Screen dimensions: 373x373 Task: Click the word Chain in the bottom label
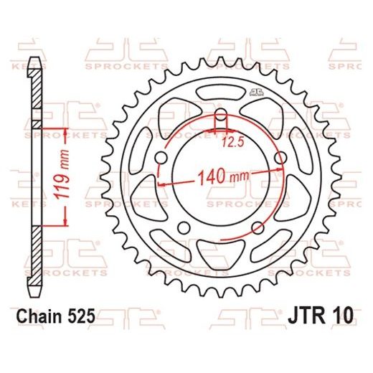tap(44, 315)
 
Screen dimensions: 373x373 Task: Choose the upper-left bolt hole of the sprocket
tap(161, 157)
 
